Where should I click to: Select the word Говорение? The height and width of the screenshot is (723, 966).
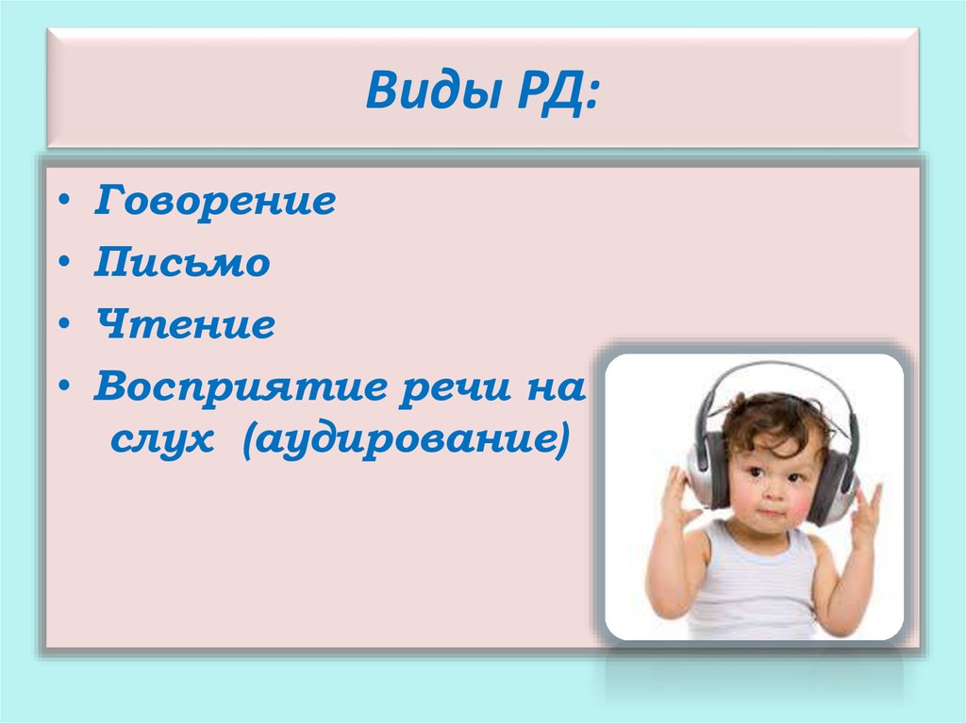coord(214,202)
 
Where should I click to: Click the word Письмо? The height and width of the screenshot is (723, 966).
coord(181,263)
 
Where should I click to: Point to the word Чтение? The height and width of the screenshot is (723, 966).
coord(184,325)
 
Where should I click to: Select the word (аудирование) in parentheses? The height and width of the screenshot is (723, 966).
coord(405,439)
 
